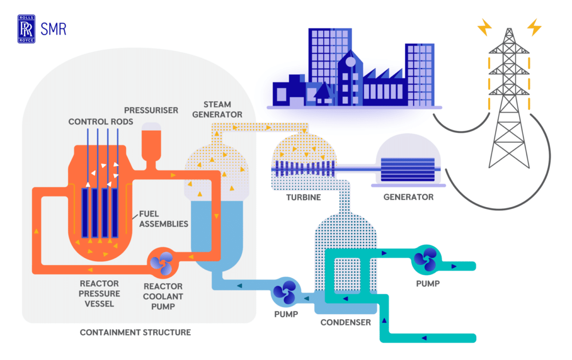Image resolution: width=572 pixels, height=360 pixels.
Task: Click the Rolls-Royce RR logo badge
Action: click(26, 29)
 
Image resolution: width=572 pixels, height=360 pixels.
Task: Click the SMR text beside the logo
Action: click(53, 29)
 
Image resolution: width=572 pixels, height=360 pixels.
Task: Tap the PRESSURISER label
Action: click(151, 110)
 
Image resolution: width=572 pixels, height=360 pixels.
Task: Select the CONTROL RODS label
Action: click(101, 122)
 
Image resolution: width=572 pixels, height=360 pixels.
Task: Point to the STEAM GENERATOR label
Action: click(217, 109)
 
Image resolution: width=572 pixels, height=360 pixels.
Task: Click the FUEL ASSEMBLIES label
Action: click(163, 219)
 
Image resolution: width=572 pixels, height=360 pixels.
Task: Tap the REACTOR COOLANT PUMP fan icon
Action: click(163, 263)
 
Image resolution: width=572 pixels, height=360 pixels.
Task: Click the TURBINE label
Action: click(304, 197)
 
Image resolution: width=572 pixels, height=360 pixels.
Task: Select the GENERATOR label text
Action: click(409, 197)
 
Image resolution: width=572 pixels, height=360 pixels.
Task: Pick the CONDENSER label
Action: click(346, 322)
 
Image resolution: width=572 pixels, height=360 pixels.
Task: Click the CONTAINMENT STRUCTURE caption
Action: click(135, 332)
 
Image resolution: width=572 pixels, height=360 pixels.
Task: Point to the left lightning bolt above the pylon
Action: click(484, 27)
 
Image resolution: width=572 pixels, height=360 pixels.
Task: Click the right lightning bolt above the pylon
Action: click(534, 27)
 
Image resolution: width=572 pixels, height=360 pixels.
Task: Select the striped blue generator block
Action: click(408, 169)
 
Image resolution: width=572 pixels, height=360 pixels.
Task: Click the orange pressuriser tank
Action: click(152, 145)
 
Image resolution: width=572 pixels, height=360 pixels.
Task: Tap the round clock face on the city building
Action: click(351, 62)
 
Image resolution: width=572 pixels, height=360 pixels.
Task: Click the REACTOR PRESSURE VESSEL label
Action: click(99, 294)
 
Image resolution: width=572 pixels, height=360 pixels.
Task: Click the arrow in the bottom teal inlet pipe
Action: click(424, 338)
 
